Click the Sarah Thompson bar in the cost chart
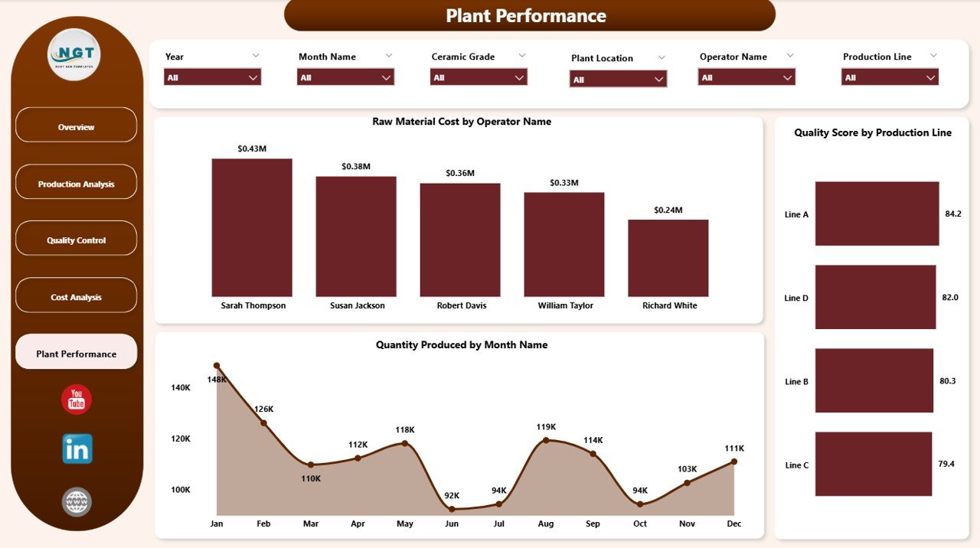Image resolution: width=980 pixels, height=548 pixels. [x=252, y=227]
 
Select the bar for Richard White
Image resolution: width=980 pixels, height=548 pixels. [x=668, y=258]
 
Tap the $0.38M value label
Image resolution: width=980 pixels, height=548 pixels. [x=356, y=166]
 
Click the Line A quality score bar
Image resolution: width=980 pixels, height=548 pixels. [x=877, y=214]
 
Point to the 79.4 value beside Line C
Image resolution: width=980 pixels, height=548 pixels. [x=946, y=464]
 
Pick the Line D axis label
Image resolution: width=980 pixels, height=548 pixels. [x=796, y=298]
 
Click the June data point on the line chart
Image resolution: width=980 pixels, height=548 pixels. [x=452, y=509]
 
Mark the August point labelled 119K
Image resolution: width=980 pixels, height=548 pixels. [x=546, y=440]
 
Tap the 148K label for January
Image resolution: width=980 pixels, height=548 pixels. [x=217, y=380]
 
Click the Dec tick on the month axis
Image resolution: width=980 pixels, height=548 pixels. [x=733, y=524]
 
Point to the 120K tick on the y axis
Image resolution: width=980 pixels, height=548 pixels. [x=181, y=439]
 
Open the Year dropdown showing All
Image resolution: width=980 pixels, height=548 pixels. [x=212, y=77]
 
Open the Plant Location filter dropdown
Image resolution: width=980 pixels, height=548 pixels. [x=618, y=79]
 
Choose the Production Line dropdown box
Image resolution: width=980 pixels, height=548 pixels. [x=890, y=77]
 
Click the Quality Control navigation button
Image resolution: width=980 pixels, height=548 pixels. [x=76, y=240]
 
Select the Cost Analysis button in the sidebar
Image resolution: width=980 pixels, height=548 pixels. [x=76, y=297]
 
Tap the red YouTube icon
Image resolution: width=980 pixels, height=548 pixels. [x=77, y=400]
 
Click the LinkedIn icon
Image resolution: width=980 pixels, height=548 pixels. [x=77, y=449]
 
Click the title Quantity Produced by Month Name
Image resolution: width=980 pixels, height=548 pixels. [x=461, y=345]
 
